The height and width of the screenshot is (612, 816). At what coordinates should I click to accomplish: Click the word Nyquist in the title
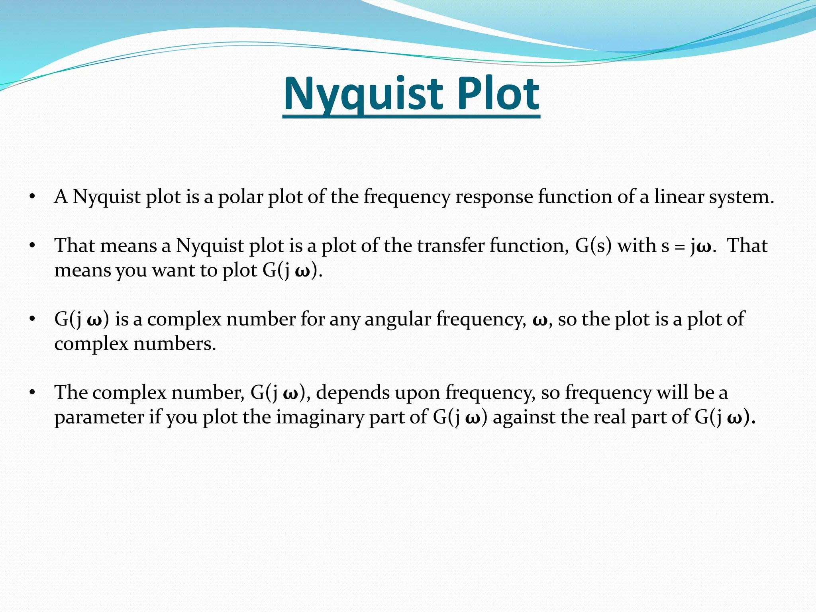point(363,94)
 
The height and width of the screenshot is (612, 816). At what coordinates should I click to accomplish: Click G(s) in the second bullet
point(593,245)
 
